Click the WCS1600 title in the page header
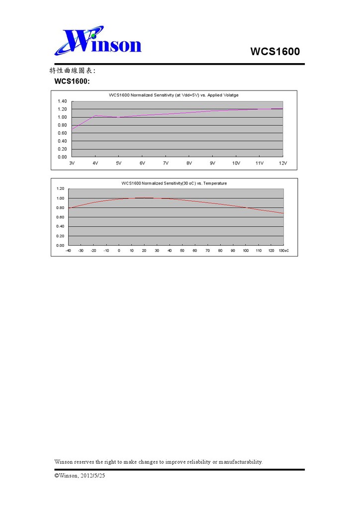coord(275,52)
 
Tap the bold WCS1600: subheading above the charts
coord(72,81)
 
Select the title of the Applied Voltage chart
coord(174,94)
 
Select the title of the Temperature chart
coord(174,183)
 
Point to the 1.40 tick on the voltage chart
coord(62,101)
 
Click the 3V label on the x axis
coord(72,163)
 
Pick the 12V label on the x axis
coord(282,163)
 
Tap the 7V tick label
coord(166,163)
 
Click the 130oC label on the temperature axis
coord(284,251)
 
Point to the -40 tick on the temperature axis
coord(68,251)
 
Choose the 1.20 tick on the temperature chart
coord(60,189)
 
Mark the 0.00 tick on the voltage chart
coord(62,157)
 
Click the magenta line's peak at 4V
coord(95,116)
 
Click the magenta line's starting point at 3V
coord(72,130)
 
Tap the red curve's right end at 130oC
coord(283,213)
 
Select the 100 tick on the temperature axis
coord(246,251)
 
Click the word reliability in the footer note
coord(198,462)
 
